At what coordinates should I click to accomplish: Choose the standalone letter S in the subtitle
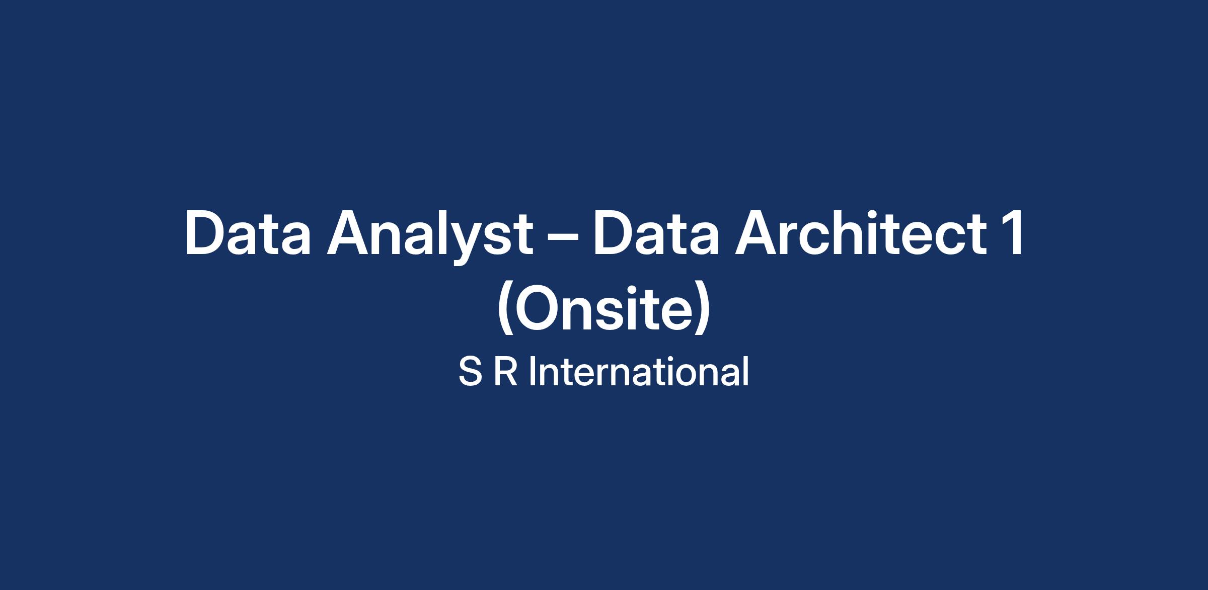tap(470, 372)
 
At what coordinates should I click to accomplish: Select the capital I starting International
tap(532, 372)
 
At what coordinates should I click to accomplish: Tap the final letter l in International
tap(746, 372)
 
